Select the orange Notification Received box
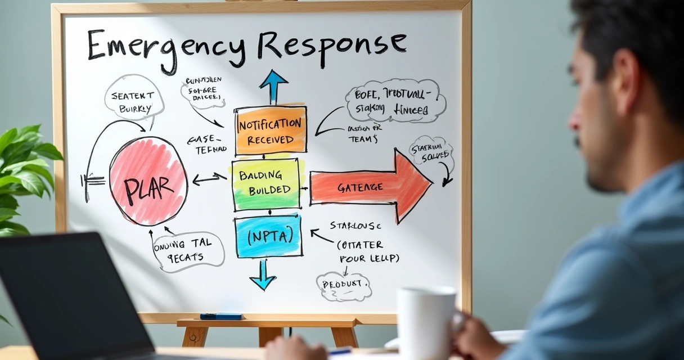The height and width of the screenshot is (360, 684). pyautogui.click(x=271, y=130)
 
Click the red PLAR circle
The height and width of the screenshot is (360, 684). pyautogui.click(x=148, y=181)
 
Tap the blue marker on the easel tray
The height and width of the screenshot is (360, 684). pyautogui.click(x=221, y=316)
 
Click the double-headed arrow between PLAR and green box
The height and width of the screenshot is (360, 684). pyautogui.click(x=209, y=179)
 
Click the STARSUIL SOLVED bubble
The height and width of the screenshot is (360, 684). pyautogui.click(x=431, y=151)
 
